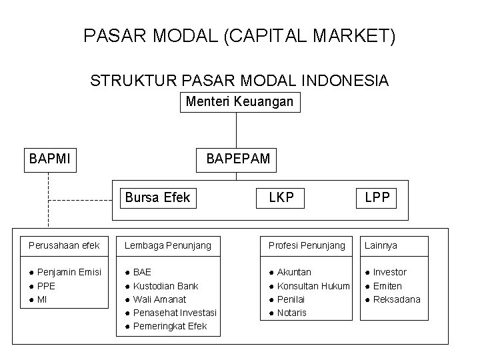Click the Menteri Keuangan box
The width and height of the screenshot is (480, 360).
239,103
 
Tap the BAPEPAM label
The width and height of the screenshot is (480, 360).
239,159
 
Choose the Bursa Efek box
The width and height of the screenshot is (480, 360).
158,197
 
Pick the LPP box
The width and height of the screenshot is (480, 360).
377,197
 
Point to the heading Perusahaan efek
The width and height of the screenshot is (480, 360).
64,246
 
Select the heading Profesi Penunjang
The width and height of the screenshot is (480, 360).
307,246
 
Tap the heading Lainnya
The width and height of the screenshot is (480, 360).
381,246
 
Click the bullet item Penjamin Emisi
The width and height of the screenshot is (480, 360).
69,272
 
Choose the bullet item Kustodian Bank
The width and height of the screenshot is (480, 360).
165,286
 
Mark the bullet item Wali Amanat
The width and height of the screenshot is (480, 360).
160,299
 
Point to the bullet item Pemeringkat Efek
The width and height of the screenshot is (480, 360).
170,326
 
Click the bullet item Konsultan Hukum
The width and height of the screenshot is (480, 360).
313,286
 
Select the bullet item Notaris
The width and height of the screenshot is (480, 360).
291,313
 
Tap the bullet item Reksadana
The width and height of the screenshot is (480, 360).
397,299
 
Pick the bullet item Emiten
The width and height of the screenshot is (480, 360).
387,286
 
